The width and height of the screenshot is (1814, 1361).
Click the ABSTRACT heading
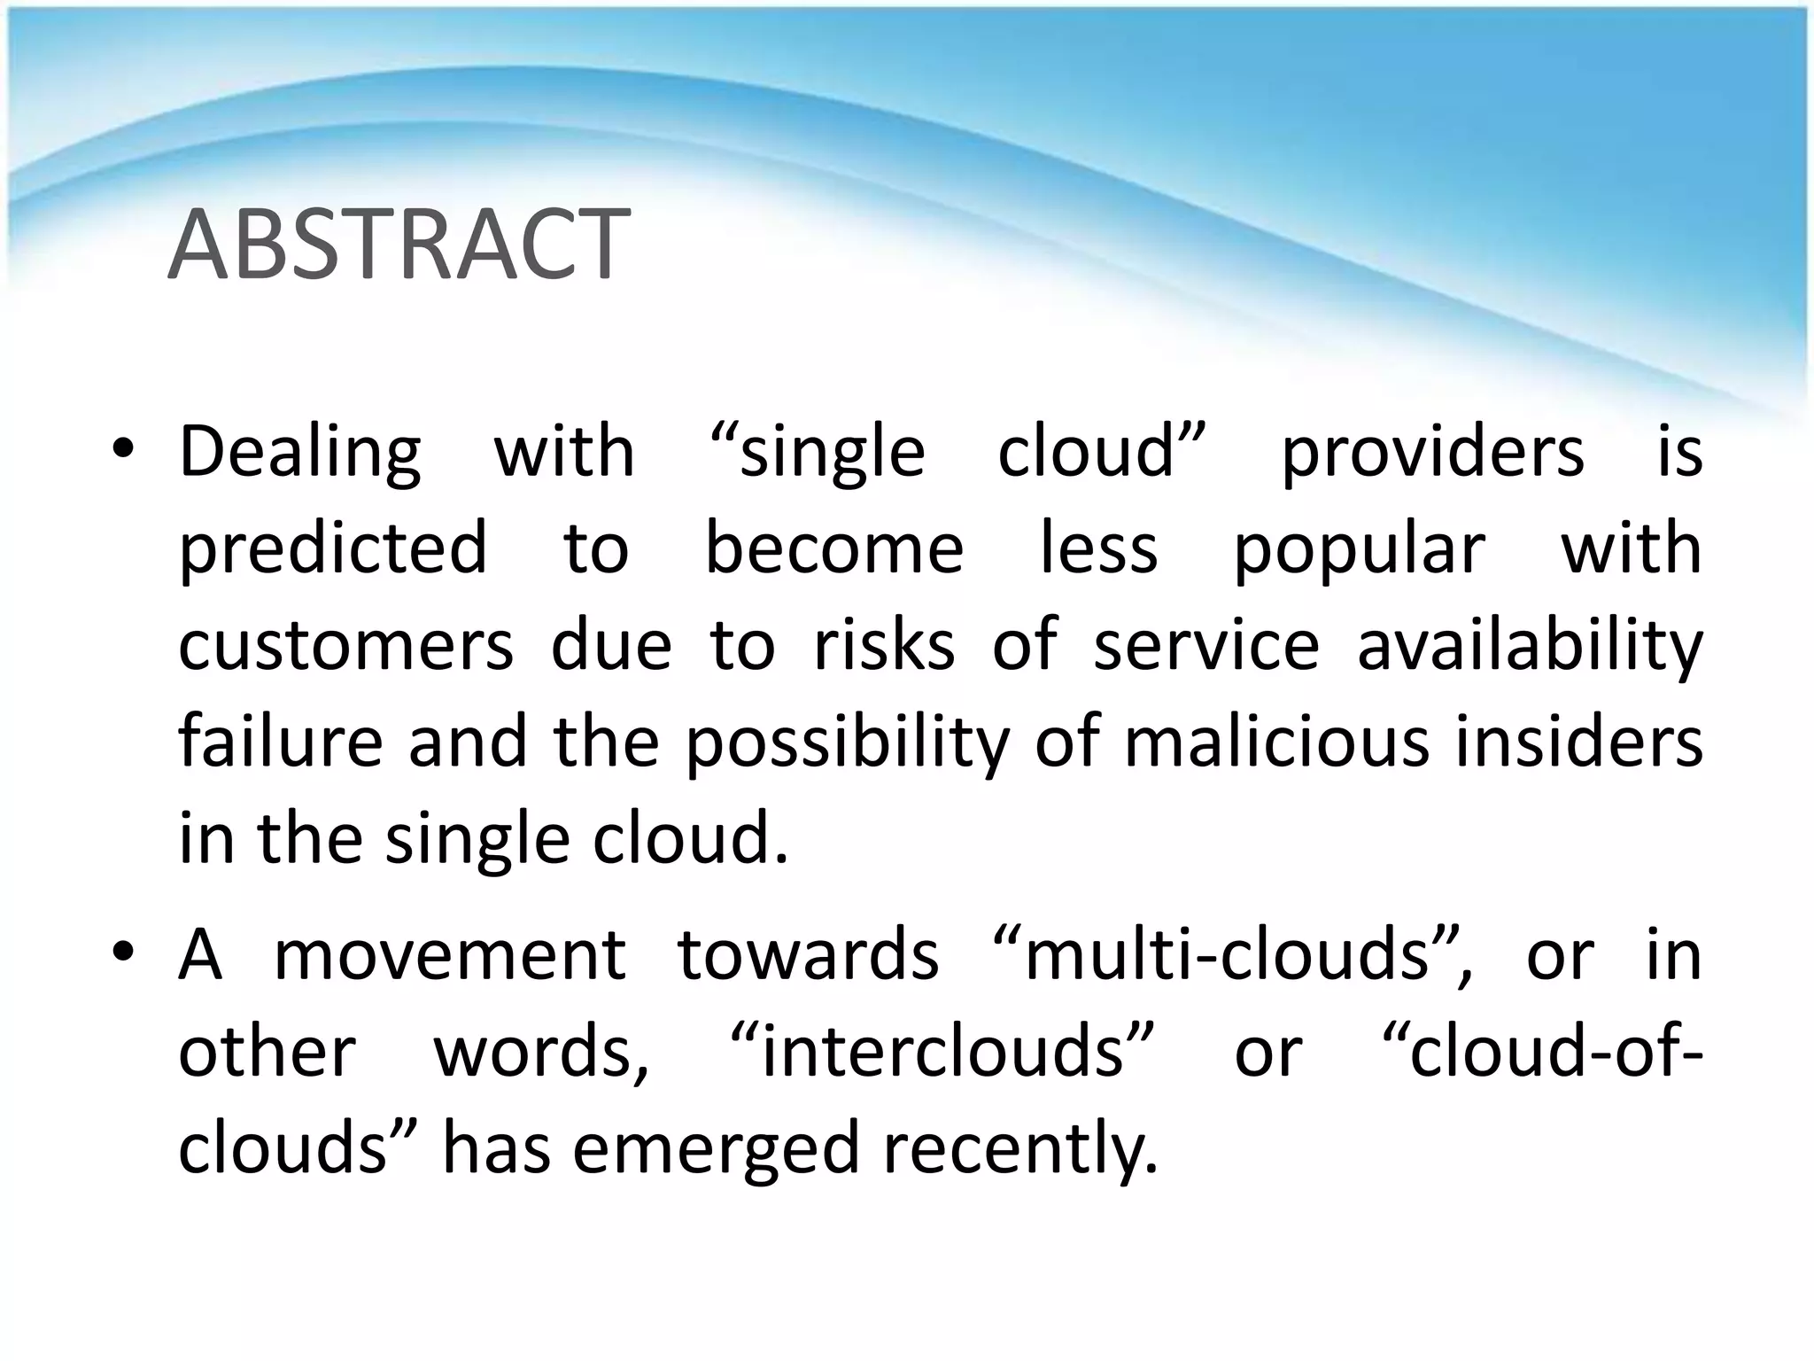tap(399, 245)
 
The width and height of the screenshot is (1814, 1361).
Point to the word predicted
tap(333, 550)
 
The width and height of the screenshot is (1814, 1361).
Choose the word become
tap(833, 548)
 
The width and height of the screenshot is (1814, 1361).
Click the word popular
tap(1359, 550)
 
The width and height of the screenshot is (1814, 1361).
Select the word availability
tap(1530, 647)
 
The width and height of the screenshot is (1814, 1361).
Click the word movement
tap(450, 956)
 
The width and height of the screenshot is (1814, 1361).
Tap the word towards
tap(808, 956)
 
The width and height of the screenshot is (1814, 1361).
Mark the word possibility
tap(847, 743)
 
